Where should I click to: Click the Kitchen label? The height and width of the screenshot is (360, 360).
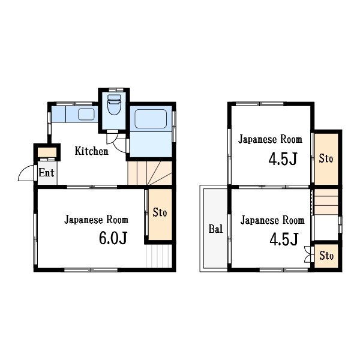coord(91,151)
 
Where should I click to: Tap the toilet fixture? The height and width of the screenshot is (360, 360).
coord(114,104)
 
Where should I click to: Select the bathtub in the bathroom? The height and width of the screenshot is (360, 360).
coord(151,119)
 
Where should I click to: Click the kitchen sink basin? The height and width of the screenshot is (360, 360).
coord(86,114)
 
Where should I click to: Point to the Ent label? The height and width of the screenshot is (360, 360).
coord(46,173)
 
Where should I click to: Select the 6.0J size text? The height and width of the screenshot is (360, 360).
coord(113,238)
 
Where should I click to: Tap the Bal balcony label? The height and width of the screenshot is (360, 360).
coord(215,229)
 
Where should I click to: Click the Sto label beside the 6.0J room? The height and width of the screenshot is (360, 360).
coord(160,212)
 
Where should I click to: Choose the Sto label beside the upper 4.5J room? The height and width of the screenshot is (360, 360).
coord(326,158)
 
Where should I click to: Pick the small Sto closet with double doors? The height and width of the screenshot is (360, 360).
coord(326,256)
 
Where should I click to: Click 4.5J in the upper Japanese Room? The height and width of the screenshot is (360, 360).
coord(283,159)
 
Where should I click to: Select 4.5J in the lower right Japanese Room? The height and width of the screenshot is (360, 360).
coord(284,239)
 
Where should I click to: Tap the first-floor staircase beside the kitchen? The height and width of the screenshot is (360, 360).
coord(149,173)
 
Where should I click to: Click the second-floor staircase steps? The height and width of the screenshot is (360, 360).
coord(326,202)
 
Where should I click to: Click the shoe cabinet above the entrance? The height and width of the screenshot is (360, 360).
coord(47,152)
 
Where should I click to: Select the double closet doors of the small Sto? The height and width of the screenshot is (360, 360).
coord(308,254)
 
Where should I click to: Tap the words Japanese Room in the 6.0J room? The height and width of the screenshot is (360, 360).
coord(97,220)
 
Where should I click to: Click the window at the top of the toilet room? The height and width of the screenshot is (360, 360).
coord(116,90)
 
